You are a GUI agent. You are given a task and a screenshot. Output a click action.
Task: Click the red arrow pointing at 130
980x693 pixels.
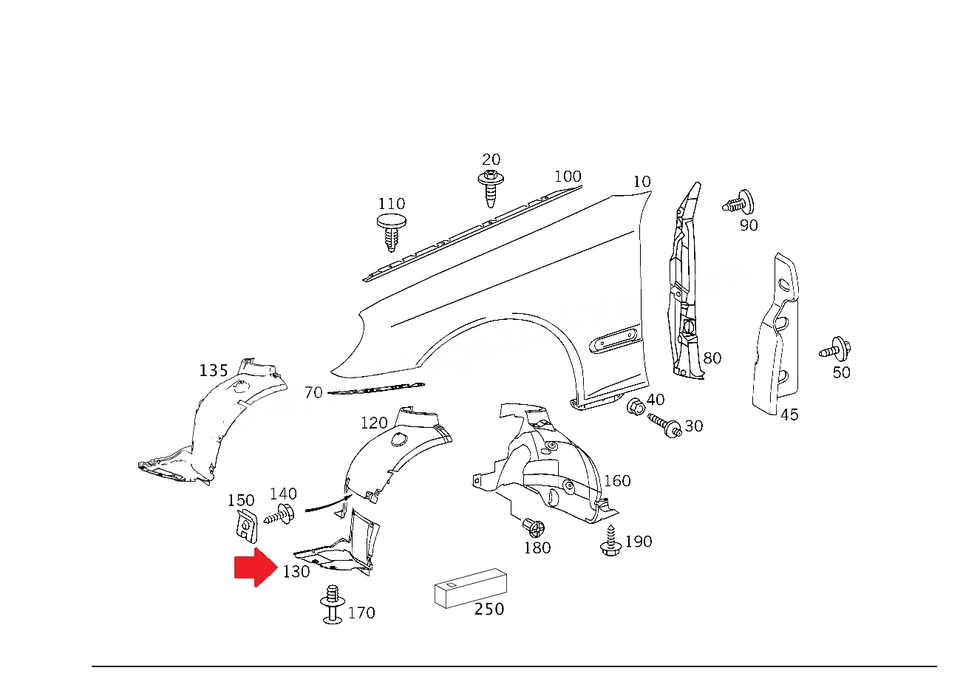[x=256, y=567]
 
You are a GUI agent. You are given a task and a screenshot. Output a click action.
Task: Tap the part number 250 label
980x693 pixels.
[x=489, y=609]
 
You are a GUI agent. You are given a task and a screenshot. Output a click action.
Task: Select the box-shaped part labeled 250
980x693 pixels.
[x=471, y=588]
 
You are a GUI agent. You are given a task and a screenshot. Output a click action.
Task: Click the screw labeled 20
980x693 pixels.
[x=491, y=189]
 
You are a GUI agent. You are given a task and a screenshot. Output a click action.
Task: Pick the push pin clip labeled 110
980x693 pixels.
[x=392, y=233]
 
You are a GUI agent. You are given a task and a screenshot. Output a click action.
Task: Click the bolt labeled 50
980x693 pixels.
[x=835, y=349]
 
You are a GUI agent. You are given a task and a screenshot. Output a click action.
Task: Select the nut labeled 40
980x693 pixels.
[x=636, y=407]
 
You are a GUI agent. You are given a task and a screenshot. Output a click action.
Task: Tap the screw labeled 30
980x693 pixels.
[x=664, y=426]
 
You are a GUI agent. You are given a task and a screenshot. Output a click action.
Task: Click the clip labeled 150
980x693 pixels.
[x=247, y=526]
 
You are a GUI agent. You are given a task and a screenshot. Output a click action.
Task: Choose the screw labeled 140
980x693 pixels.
[x=279, y=514]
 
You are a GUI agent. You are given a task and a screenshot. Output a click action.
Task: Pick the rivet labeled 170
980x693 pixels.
[x=333, y=604]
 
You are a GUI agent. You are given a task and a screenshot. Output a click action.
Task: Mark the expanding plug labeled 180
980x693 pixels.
[x=534, y=528]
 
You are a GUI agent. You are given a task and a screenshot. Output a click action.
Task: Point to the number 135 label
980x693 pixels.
[x=214, y=371]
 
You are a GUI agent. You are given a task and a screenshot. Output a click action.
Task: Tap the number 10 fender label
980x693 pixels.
[x=642, y=182]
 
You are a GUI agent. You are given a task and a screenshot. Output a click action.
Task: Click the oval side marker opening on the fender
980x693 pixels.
[x=616, y=340]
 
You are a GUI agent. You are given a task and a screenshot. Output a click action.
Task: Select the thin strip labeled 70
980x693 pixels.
[x=376, y=389]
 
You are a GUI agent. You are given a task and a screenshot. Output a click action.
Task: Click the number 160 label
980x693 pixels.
[x=617, y=481]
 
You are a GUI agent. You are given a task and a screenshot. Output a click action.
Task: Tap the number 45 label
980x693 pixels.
[x=789, y=414]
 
